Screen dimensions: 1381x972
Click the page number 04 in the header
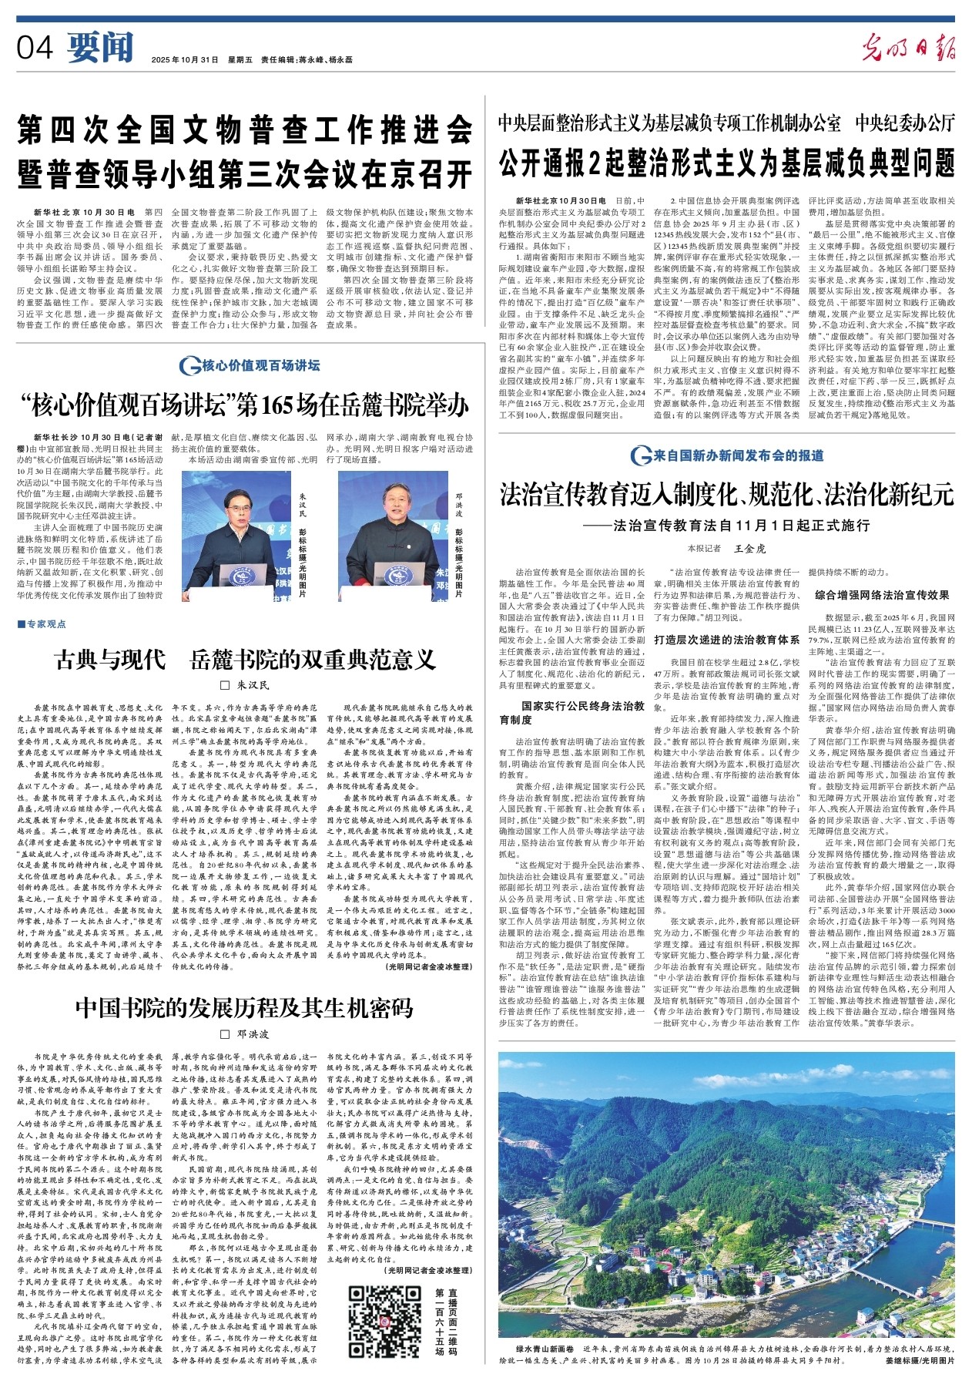pyautogui.click(x=35, y=48)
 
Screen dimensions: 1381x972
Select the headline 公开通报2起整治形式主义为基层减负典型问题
pyautogui.click(x=726, y=163)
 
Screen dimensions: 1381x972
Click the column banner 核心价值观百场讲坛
pyautogui.click(x=249, y=365)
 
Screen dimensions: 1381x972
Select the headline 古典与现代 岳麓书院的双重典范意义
pyautogui.click(x=245, y=660)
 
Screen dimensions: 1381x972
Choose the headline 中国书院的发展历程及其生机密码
pyautogui.click(x=245, y=1007)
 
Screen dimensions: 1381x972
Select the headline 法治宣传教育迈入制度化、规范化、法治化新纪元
pyautogui.click(x=726, y=494)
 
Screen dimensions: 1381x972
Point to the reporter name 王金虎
pyautogui.click(x=749, y=549)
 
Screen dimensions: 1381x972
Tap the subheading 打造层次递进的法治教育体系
pyautogui.click(x=726, y=639)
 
